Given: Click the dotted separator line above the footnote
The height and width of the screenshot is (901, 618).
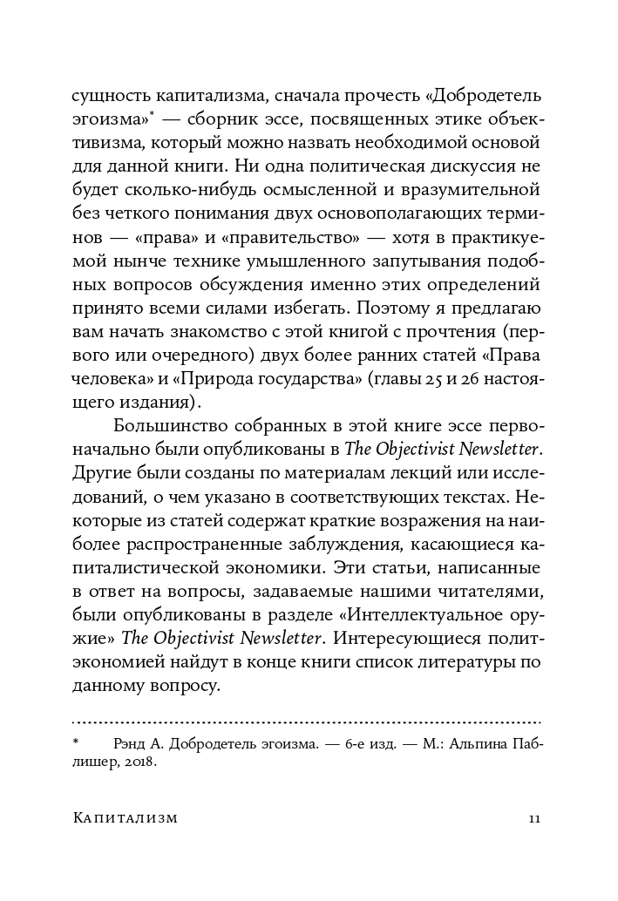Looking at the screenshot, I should click(305, 722).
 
